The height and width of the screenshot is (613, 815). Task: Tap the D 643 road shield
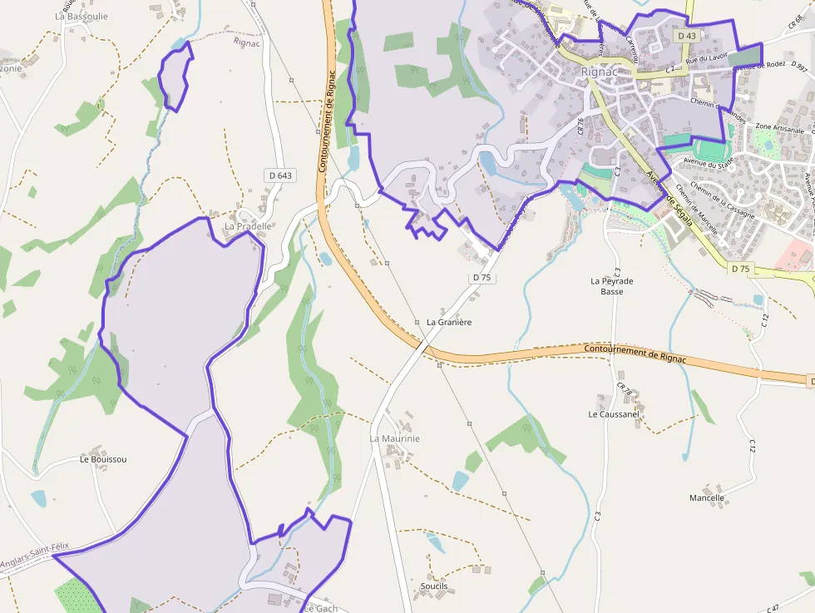281,175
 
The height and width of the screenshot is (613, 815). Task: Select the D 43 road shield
686,36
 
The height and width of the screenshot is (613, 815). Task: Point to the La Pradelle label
248,226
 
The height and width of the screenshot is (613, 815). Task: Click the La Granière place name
449,322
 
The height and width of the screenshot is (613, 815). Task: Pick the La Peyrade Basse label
612,286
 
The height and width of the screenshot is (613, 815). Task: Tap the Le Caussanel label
614,413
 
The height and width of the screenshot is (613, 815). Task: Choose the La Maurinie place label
395,438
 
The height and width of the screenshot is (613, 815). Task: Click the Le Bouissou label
103,459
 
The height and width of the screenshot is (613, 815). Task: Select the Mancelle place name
707,498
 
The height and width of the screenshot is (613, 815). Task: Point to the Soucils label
434,586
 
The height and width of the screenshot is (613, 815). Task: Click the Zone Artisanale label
779,128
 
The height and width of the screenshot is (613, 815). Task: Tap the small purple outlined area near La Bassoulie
175,76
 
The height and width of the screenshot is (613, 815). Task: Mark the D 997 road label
802,66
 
